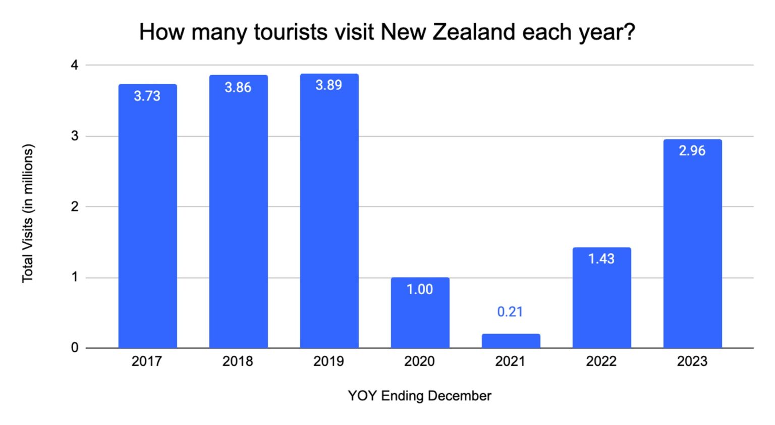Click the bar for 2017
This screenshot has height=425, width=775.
147,217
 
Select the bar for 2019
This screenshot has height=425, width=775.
329,212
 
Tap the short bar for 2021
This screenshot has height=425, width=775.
511,341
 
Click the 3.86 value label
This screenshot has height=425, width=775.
238,87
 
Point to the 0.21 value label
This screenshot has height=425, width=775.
510,312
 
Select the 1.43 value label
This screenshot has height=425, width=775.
601,259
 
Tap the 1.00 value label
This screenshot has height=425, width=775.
420,289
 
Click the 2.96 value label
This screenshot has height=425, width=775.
692,150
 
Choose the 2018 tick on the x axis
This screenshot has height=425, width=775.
238,361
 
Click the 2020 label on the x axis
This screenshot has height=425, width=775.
419,361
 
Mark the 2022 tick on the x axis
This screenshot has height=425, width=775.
601,361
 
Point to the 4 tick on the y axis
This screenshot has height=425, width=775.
75,65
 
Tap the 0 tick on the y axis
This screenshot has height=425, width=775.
75,348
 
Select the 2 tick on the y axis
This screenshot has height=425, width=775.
75,206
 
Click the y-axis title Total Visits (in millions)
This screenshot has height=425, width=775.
28,213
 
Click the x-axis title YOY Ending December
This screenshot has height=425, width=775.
419,396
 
